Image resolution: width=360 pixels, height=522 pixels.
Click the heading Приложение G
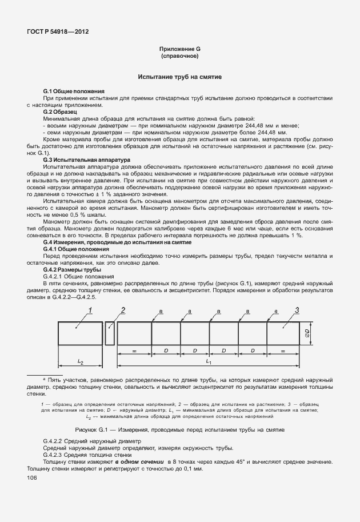pyautogui.click(x=179, y=50)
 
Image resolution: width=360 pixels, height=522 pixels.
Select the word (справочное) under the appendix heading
pyautogui.click(x=179, y=57)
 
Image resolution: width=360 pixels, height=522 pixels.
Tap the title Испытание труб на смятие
pyautogui.click(x=179, y=77)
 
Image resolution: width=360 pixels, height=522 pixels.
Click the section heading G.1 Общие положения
pyautogui.click(x=74, y=91)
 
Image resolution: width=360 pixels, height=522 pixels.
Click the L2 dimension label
pyautogui.click(x=81, y=362)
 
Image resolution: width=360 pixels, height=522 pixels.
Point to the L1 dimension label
pyautogui.click(x=209, y=362)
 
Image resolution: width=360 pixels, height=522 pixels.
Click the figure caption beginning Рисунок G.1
pyautogui.click(x=179, y=429)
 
